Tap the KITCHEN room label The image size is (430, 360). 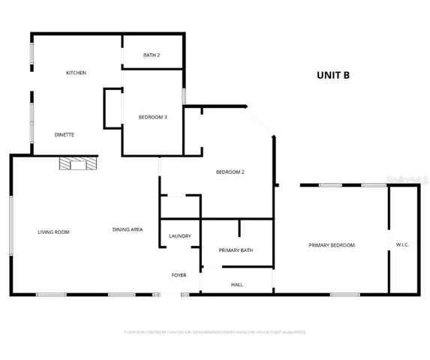pyautogui.click(x=77, y=73)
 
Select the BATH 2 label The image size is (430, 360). pyautogui.click(x=152, y=55)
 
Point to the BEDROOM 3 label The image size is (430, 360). pyautogui.click(x=153, y=117)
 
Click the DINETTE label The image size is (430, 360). pyautogui.click(x=64, y=134)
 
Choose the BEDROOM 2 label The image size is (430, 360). pyautogui.click(x=230, y=172)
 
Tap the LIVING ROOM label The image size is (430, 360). pyautogui.click(x=53, y=232)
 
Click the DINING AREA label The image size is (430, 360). pyautogui.click(x=128, y=229)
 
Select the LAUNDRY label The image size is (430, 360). pyautogui.click(x=180, y=236)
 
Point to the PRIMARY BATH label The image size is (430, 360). pyautogui.click(x=235, y=250)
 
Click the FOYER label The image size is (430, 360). pyautogui.click(x=179, y=275)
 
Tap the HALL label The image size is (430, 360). pyautogui.click(x=236, y=284)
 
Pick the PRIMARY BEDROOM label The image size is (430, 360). pyautogui.click(x=332, y=245)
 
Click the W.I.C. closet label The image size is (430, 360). pyautogui.click(x=403, y=244)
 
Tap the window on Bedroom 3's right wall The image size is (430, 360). pyautogui.click(x=185, y=97)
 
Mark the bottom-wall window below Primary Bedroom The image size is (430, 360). pyautogui.click(x=345, y=294)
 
